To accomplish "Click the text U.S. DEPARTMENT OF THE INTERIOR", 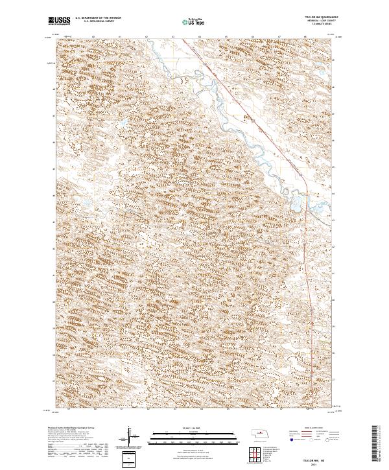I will (x=97, y=19).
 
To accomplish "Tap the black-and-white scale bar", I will (x=194, y=435).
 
